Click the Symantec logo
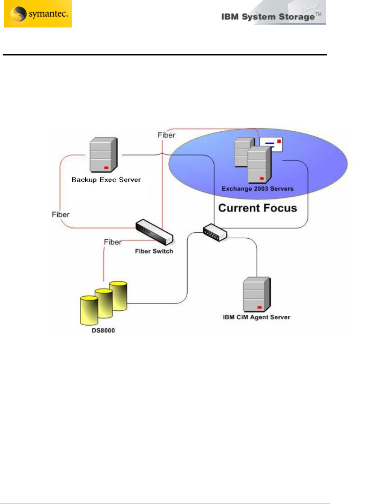click(x=38, y=14)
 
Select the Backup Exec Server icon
click(x=104, y=154)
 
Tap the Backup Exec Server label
click(x=106, y=180)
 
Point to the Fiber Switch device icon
click(x=154, y=232)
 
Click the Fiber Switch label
click(x=154, y=251)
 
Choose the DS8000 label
click(x=103, y=331)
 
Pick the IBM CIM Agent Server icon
click(x=257, y=294)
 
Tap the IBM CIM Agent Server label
click(x=256, y=317)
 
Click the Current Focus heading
click(x=257, y=208)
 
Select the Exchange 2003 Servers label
click(x=257, y=189)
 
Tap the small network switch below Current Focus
click(x=215, y=233)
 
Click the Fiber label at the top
click(x=166, y=135)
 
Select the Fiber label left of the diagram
click(x=60, y=214)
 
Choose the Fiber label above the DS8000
click(x=112, y=242)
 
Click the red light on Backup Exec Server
click(x=106, y=168)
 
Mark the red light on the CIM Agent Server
click(x=260, y=307)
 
